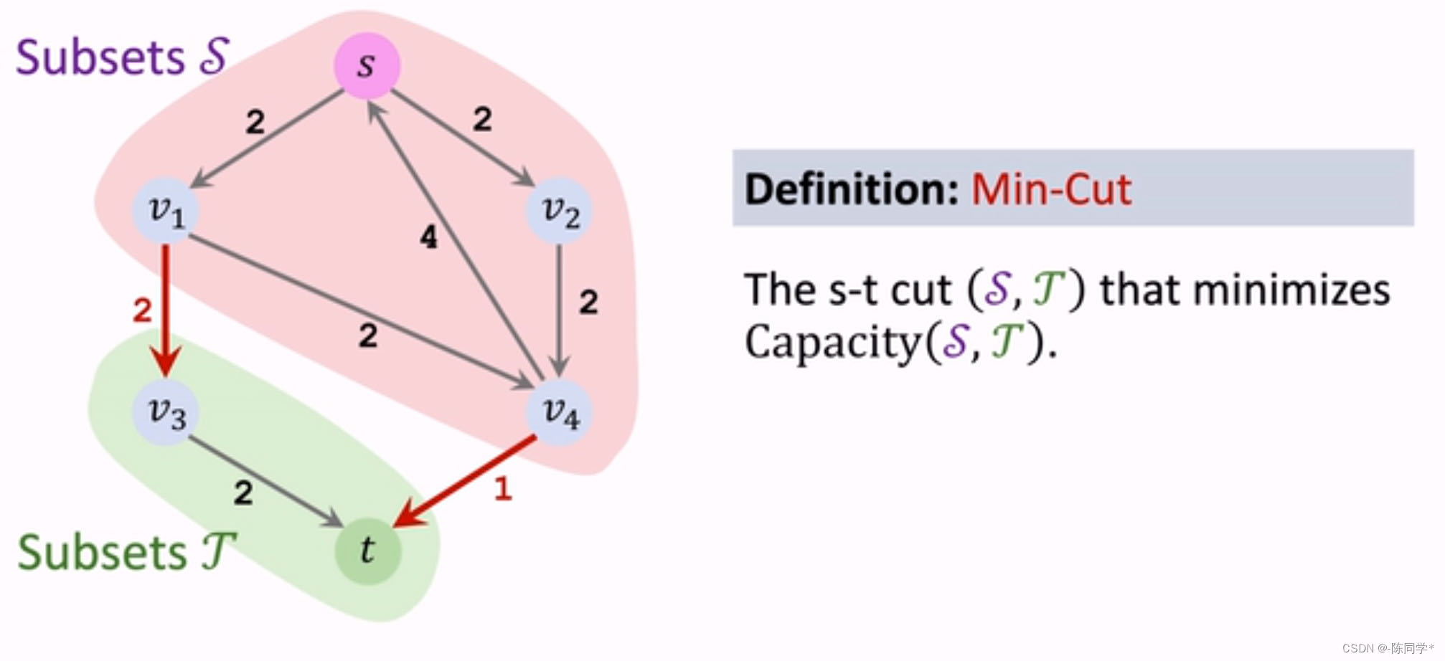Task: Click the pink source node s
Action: [367, 65]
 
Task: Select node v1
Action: [166, 211]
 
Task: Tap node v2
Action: [560, 211]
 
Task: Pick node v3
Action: [166, 412]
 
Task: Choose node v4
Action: [560, 412]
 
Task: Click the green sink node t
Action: [367, 551]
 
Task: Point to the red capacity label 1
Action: [503, 489]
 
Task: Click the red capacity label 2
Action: [142, 310]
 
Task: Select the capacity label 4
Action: [428, 237]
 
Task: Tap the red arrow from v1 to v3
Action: [166, 308]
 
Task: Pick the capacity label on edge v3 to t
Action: [243, 493]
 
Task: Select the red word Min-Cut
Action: [1051, 189]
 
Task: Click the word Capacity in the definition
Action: [832, 342]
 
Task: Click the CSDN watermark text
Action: [1388, 648]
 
